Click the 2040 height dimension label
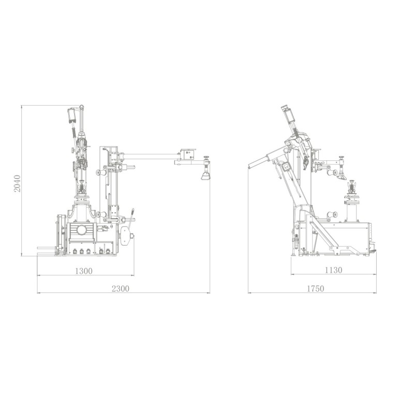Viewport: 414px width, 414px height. [x=17, y=183]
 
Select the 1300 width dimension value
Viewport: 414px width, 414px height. [x=84, y=271]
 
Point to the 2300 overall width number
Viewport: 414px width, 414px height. [x=121, y=289]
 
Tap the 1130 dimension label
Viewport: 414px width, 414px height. [x=333, y=270]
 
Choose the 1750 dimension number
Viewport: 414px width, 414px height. [x=315, y=289]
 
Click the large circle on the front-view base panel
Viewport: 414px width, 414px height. [x=82, y=230]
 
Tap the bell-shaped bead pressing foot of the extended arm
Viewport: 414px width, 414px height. [x=205, y=175]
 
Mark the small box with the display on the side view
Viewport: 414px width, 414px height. [x=286, y=167]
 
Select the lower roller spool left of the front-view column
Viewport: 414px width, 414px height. [x=100, y=214]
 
